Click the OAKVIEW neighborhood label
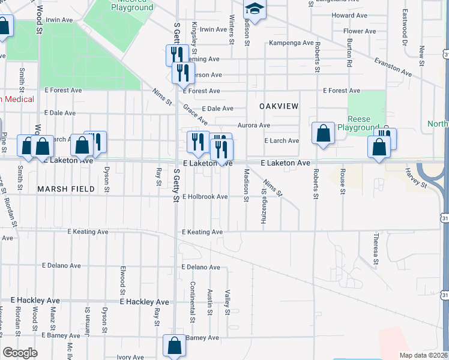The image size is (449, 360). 279,106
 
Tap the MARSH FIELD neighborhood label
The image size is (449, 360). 66,189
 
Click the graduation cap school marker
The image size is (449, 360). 255,10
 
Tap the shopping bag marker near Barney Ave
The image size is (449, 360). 174,346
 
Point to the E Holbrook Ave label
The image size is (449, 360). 205,197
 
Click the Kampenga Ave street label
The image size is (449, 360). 291,43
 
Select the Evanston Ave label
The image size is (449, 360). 393,67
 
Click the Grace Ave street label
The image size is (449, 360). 196,112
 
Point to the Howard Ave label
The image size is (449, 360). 350,15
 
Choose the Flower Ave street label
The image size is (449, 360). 360,31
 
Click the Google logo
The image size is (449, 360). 20,353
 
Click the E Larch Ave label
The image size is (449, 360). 282,141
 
